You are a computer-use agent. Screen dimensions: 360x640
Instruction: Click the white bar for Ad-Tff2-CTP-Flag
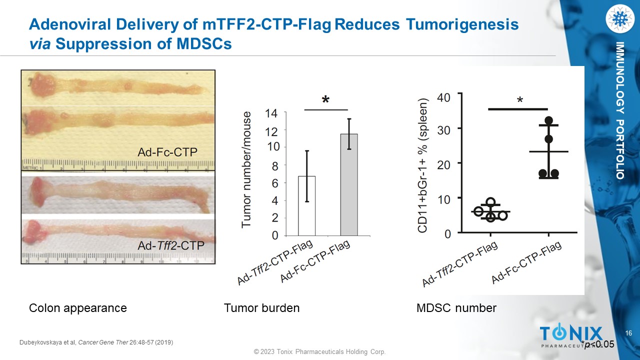[x=306, y=205]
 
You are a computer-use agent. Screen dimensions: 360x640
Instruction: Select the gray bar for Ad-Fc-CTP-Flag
[x=349, y=184]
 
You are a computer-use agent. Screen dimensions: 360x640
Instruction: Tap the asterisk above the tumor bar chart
[x=325, y=100]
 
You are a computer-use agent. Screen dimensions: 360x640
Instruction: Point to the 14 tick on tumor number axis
[x=271, y=113]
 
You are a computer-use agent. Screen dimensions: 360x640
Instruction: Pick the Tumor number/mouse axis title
[x=246, y=170]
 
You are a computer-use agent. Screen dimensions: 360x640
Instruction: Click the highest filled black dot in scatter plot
[x=549, y=120]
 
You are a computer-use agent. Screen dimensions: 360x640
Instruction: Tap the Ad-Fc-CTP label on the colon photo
[x=167, y=152]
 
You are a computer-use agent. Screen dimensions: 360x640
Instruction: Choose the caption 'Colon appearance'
[x=78, y=308]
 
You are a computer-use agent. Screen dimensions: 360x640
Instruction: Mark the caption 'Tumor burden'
[x=261, y=308]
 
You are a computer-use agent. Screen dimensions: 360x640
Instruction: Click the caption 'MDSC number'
[x=456, y=308]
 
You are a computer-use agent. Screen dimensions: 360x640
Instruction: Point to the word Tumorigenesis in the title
[x=461, y=24]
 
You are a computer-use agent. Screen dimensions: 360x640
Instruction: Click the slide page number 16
[x=629, y=333]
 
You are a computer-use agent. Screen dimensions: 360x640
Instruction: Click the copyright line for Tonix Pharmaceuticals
[x=320, y=352]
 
